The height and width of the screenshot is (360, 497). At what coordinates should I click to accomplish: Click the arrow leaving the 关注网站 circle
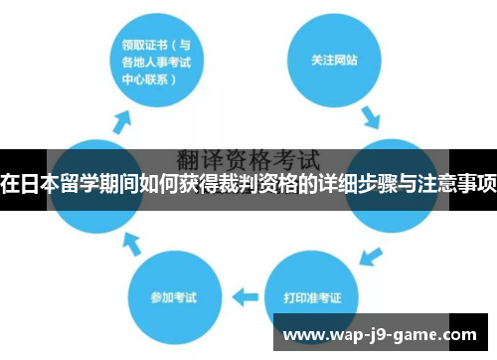tap(370, 118)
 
